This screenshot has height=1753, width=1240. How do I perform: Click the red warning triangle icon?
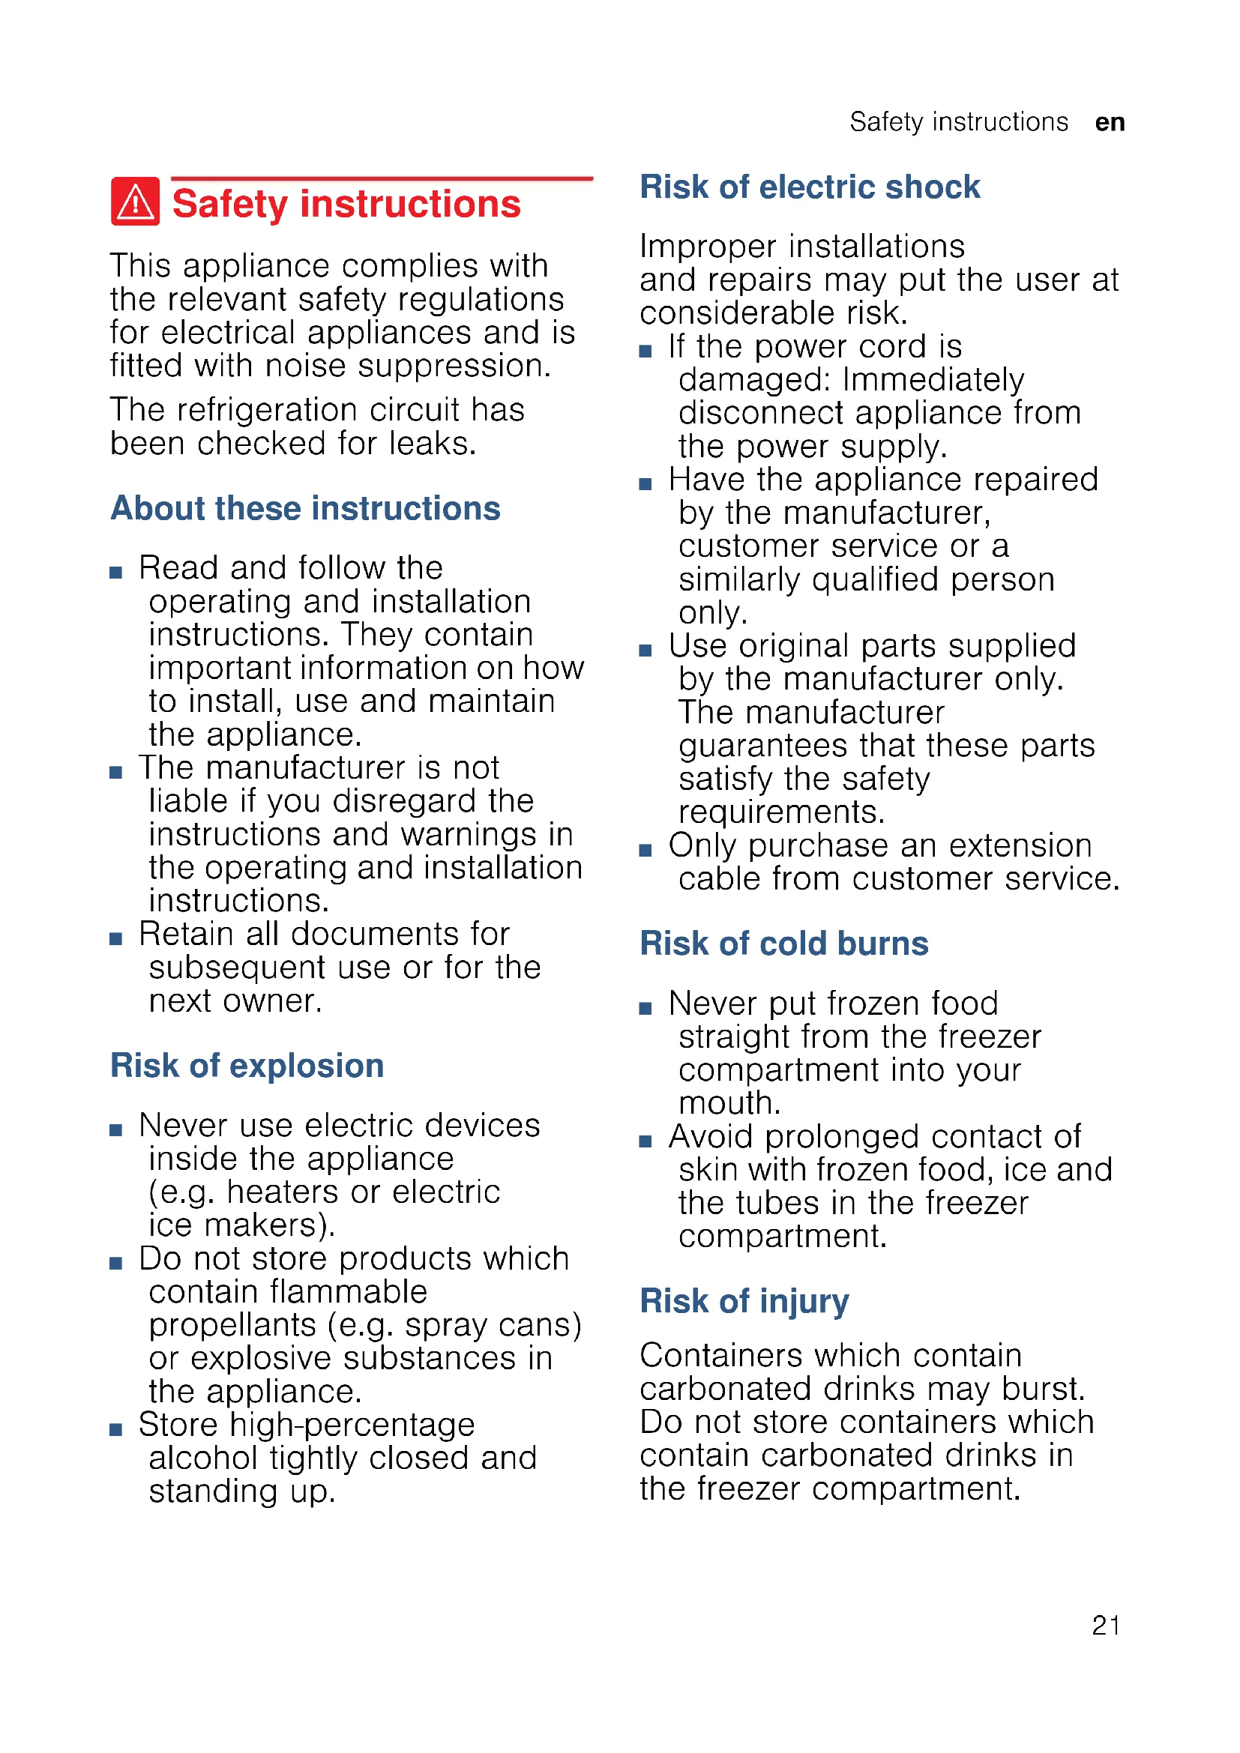[x=135, y=202]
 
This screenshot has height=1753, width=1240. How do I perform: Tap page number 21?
[x=1106, y=1626]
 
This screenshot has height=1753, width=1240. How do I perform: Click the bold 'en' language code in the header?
[x=1110, y=122]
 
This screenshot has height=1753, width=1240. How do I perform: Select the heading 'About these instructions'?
[x=305, y=508]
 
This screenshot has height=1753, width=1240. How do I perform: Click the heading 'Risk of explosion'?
[x=247, y=1066]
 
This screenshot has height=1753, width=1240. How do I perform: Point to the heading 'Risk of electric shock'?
[x=810, y=187]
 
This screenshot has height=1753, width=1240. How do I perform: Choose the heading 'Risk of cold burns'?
[x=783, y=944]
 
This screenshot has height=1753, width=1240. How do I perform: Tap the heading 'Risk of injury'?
[x=744, y=1301]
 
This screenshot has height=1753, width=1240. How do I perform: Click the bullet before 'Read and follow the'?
[x=116, y=573]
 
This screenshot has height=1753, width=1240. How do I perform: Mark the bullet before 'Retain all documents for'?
[x=116, y=939]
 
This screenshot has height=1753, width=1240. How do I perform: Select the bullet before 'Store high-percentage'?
[x=116, y=1430]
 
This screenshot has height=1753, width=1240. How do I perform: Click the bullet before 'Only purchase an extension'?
[x=645, y=851]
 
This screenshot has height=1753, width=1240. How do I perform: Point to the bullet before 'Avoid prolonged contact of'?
[x=645, y=1141]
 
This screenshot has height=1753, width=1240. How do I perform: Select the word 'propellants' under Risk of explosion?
[x=232, y=1326]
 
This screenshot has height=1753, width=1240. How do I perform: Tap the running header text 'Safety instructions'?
[x=958, y=122]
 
